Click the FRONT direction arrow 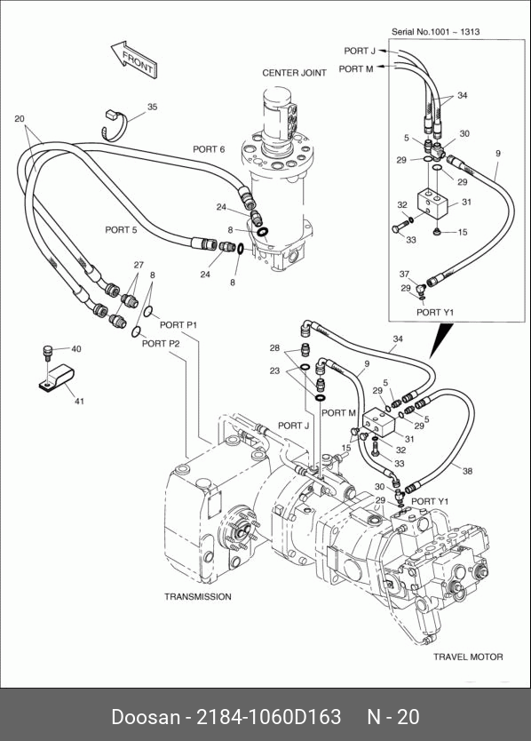[x=134, y=60]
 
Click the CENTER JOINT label [x=294, y=73]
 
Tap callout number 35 [x=152, y=108]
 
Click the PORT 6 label [x=209, y=149]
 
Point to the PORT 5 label [x=121, y=229]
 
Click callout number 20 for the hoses [x=20, y=119]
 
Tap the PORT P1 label [x=178, y=325]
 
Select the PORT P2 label [x=161, y=344]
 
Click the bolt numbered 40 [x=47, y=352]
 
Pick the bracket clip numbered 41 [x=56, y=378]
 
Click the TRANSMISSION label [x=198, y=597]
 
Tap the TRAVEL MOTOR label [x=468, y=657]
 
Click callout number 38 [x=467, y=471]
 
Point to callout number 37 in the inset [x=404, y=274]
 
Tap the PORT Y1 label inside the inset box [x=435, y=313]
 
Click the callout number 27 [x=139, y=265]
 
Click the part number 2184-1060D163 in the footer [x=268, y=717]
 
